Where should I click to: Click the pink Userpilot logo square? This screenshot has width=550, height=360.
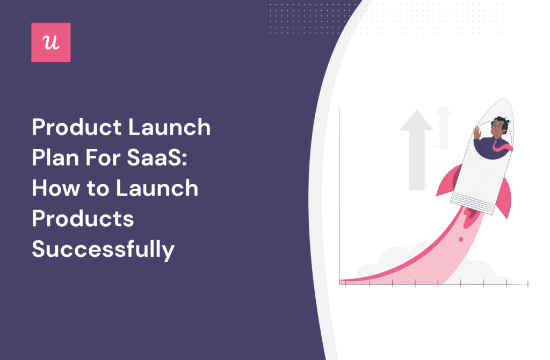tap(51, 42)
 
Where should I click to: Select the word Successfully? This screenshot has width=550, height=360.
tap(103, 250)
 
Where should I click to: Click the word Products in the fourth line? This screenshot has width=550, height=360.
tap(83, 219)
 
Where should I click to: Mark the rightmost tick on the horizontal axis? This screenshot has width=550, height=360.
tap(529, 283)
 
